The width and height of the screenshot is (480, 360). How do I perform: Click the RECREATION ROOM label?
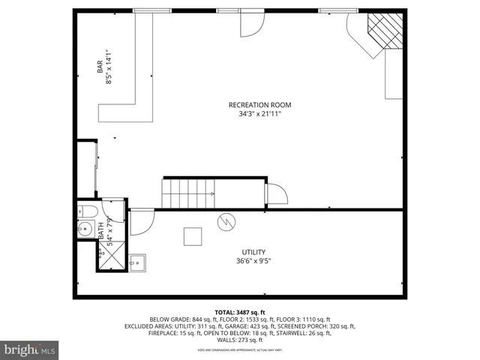pos(259,105)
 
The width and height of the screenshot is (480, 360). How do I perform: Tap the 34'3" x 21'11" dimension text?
pos(259,114)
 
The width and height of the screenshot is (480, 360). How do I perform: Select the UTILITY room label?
pos(253,252)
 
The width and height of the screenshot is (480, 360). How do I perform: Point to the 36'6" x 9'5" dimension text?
pos(253,261)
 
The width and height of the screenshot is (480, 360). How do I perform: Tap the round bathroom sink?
pos(85,229)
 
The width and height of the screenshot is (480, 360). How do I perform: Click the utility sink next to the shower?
pos(136,262)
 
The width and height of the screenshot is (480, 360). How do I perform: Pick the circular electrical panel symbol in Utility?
pos(226,222)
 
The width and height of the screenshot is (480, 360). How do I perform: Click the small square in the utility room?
pos(193,236)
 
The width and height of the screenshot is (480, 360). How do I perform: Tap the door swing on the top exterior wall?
pos(250,24)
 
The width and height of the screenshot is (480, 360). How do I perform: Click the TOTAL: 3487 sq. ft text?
pos(239,312)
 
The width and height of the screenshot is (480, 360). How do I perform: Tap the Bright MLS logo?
pos(30,349)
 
